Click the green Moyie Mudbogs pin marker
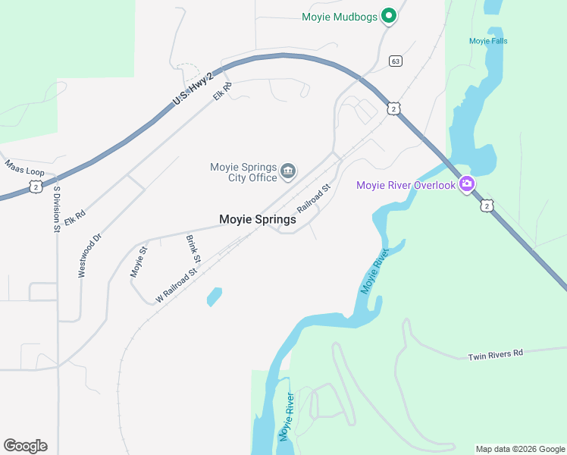(389, 15)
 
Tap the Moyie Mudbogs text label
(339, 17)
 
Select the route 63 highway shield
(395, 61)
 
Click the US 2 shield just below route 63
(393, 108)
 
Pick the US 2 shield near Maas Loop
(36, 186)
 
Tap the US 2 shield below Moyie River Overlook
(487, 205)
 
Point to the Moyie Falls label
(488, 41)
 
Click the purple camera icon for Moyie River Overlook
(467, 184)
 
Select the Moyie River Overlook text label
(406, 185)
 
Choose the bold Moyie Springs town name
(257, 219)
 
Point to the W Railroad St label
(177, 285)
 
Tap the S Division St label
(57, 208)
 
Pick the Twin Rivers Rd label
(495, 355)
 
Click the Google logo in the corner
(25, 445)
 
